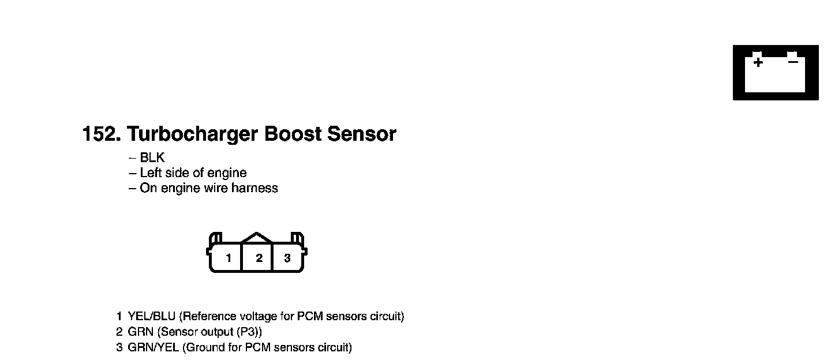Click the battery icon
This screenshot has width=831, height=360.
click(x=776, y=73)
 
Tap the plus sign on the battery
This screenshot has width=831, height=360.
click(x=758, y=62)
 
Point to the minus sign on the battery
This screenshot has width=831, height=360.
click(x=793, y=61)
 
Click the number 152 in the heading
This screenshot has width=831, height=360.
click(x=99, y=134)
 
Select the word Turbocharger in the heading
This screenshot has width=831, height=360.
click(x=192, y=134)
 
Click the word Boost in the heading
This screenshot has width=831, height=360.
click(x=293, y=134)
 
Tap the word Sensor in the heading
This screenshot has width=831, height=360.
click(x=362, y=134)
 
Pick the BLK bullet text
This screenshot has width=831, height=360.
click(x=152, y=157)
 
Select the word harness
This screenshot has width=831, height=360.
click(x=254, y=188)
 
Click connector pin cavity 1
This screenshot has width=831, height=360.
click(x=229, y=258)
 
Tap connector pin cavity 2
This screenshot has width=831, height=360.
click(x=259, y=258)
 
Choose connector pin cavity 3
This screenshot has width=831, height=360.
click(x=287, y=258)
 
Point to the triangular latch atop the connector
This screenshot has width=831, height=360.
click(x=257, y=237)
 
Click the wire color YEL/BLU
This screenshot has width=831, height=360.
click(x=152, y=317)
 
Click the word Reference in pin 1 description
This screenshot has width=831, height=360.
click(x=210, y=317)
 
